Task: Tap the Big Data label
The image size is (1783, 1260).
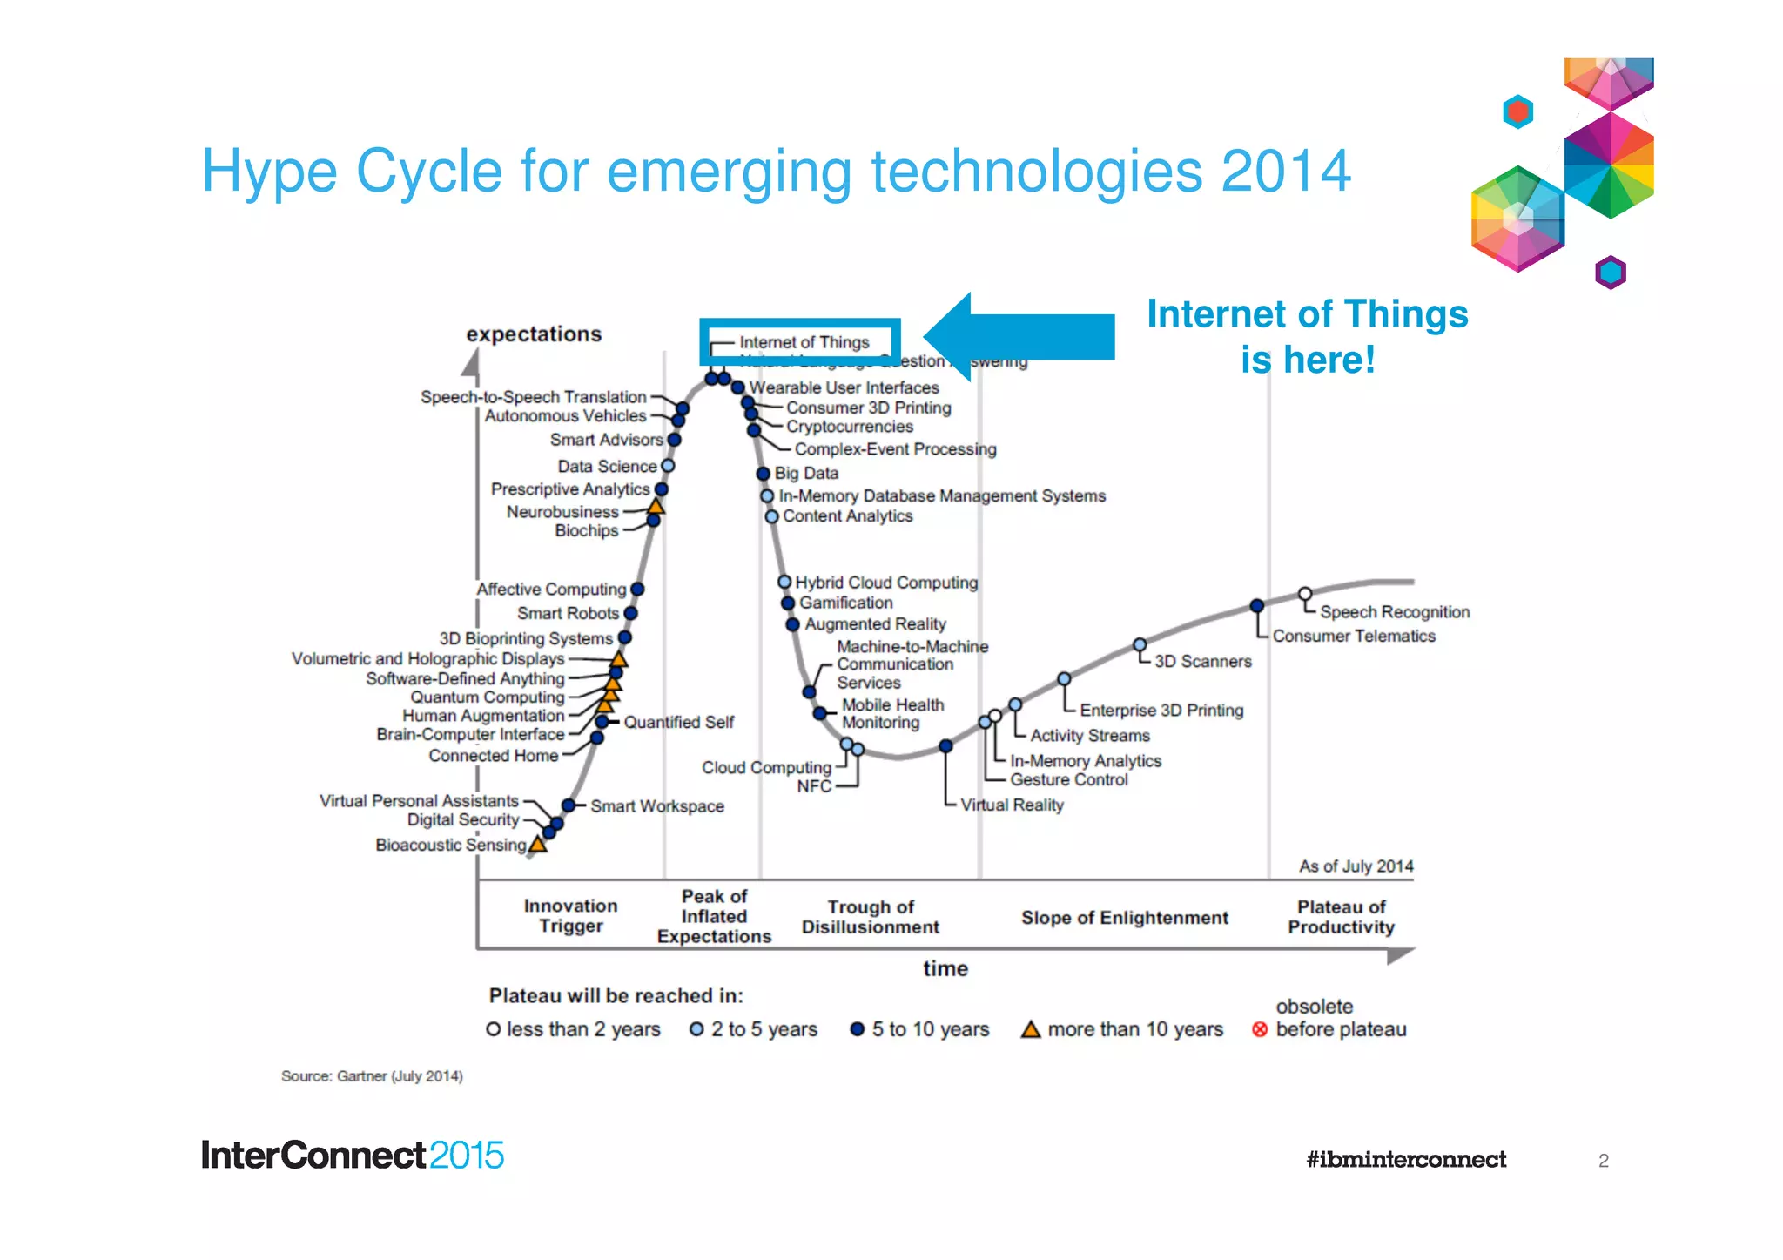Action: (806, 473)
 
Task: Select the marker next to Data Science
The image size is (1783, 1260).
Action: (668, 466)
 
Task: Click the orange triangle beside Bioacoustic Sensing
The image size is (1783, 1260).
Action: (538, 844)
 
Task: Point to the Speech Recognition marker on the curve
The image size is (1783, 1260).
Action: (1304, 594)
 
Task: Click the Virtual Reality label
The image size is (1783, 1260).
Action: (1012, 805)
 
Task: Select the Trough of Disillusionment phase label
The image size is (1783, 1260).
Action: (870, 917)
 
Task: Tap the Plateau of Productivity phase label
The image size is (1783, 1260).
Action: (1341, 917)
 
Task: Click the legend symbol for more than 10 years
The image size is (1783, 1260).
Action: (1031, 1029)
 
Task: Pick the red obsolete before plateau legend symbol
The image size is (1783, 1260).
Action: (1259, 1029)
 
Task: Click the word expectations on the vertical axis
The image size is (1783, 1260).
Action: (534, 334)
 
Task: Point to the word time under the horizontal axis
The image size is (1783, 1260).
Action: (945, 968)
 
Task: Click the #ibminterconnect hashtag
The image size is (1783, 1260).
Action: (1405, 1159)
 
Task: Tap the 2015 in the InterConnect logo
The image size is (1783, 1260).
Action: (466, 1156)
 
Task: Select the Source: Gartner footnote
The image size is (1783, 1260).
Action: (372, 1076)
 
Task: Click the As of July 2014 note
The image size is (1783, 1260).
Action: (1356, 866)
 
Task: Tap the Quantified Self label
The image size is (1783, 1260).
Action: (678, 722)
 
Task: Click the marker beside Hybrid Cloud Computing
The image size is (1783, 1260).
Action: (784, 582)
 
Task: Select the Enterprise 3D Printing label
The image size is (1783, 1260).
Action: (1161, 710)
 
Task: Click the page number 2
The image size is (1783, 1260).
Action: (1603, 1160)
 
